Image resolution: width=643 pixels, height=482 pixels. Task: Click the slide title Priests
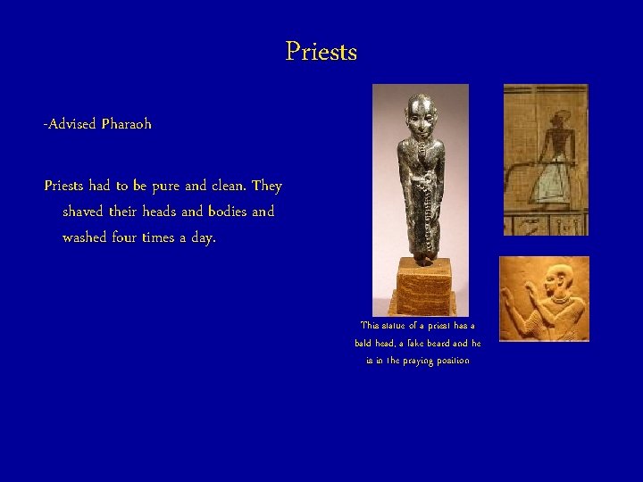(321, 52)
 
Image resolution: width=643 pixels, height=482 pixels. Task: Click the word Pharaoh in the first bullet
(126, 124)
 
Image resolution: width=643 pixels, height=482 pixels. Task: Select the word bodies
(220, 212)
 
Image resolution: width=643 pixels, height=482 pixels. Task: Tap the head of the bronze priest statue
(420, 112)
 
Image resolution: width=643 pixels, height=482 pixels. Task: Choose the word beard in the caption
(453, 344)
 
